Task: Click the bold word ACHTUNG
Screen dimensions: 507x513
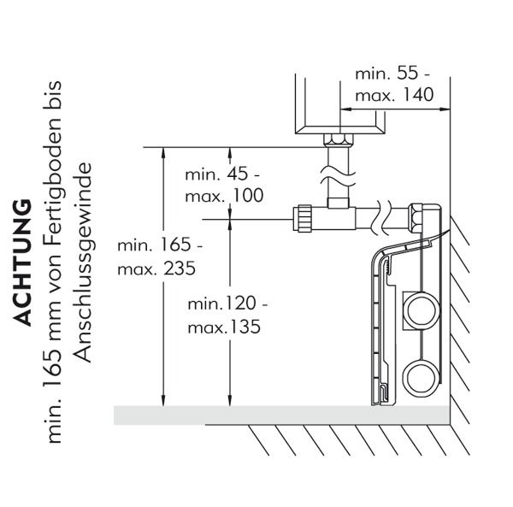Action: click(x=24, y=262)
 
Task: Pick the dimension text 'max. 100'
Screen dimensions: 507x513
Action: click(x=224, y=196)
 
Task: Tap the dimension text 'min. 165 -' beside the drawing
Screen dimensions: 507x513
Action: click(x=159, y=246)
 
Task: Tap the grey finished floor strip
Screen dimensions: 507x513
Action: click(x=282, y=415)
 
